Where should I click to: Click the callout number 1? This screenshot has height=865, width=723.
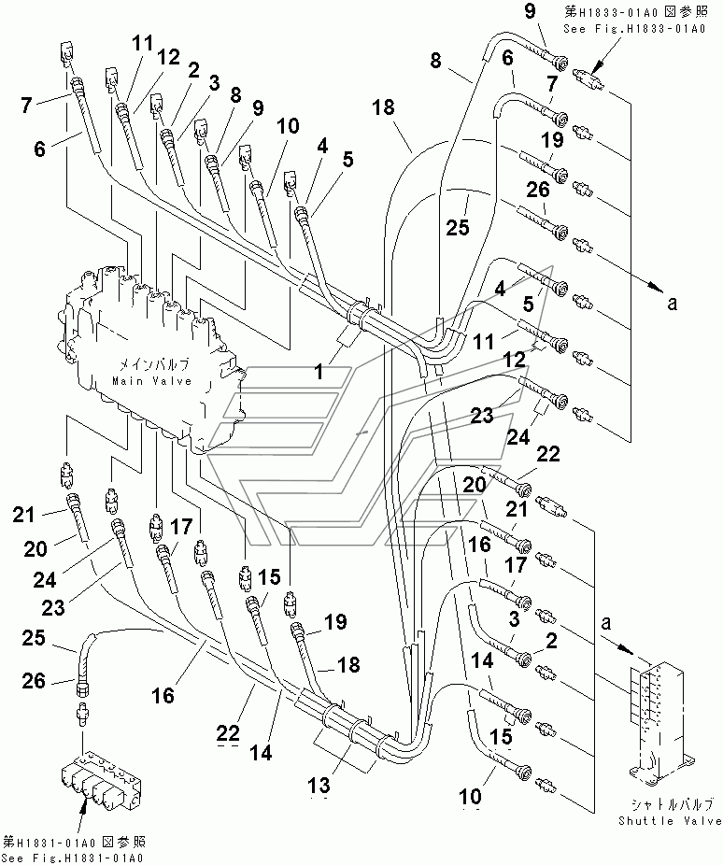(x=319, y=372)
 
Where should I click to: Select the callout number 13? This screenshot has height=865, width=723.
(x=319, y=785)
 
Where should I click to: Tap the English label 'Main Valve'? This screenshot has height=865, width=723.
(x=152, y=381)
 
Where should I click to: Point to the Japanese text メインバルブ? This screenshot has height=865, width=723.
(x=154, y=364)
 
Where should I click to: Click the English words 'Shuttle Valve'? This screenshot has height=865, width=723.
(x=670, y=821)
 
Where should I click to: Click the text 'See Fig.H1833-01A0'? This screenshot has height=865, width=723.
(x=634, y=29)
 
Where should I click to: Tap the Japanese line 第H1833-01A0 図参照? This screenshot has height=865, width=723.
(x=635, y=12)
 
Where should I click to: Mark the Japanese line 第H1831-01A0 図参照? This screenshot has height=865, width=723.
(x=75, y=843)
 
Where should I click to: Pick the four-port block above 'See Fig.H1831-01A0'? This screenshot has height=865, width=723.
(x=101, y=779)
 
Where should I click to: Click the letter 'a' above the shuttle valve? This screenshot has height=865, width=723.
(x=606, y=623)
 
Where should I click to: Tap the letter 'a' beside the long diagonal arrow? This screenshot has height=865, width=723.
(x=672, y=303)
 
